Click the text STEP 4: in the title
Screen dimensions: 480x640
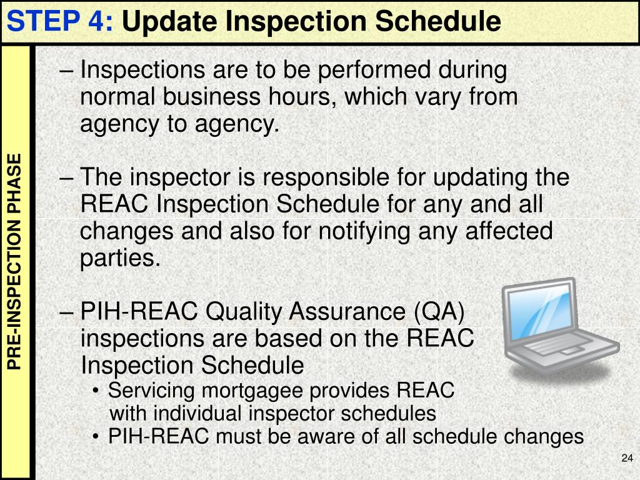coord(60,22)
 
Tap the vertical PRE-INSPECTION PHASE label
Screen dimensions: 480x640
coord(15,261)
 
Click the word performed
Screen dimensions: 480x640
coord(369,70)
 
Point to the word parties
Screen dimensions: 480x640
coord(120,258)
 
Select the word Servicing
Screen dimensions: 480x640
coord(152,391)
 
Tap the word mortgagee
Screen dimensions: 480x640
coord(252,392)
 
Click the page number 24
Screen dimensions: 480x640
coord(627,459)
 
